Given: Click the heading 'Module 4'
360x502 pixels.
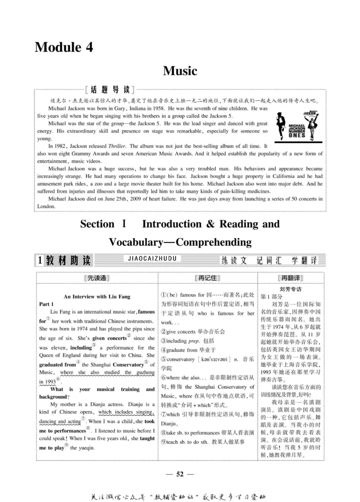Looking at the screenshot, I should pos(64,47).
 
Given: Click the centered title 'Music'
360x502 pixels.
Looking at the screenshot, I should pos(180,71).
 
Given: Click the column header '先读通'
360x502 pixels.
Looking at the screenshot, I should pos(97,278).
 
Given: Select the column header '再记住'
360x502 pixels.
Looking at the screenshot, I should pos(207,278).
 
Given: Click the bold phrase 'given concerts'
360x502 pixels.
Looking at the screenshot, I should pos(109,338).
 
